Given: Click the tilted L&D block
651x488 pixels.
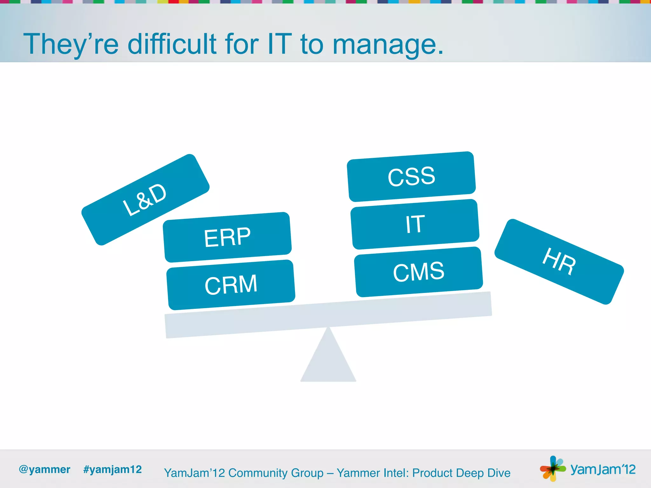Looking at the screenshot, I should pos(145,200).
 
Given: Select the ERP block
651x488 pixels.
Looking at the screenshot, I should pos(227,237).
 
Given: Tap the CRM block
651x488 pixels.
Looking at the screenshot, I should pos(231,285).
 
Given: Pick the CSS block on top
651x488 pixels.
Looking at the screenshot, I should pos(411,177).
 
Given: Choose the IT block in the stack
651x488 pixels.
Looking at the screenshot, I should pos(415,224).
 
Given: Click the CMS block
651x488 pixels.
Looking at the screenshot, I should pos(418,272).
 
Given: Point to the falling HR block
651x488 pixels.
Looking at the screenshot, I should pos(559,261).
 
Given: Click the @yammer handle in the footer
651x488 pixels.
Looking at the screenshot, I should pos(45,470).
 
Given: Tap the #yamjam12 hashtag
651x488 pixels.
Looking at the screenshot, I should pos(112,470).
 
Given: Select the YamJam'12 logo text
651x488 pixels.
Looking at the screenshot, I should pos(603,469).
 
